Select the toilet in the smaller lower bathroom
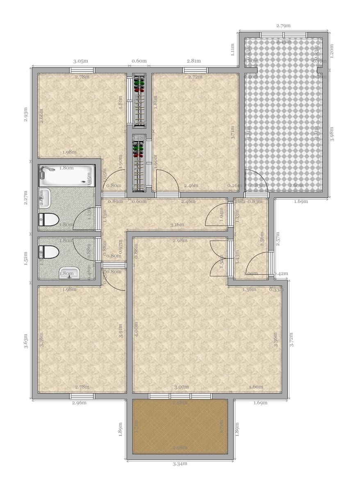click(49, 252)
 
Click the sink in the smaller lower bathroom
click(69, 273)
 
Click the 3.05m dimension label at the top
click(80, 61)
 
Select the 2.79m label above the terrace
click(283, 26)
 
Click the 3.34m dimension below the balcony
click(180, 464)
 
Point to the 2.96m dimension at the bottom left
click(79, 403)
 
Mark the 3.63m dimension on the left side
click(26, 341)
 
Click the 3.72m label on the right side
click(292, 339)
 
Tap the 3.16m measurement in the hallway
click(178, 225)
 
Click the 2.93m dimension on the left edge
click(26, 115)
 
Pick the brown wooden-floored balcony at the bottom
click(180, 426)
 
